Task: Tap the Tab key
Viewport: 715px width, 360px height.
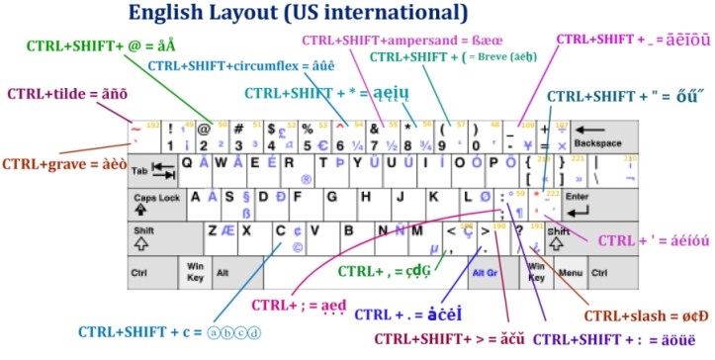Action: [x=151, y=170]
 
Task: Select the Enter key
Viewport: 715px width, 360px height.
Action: [x=576, y=204]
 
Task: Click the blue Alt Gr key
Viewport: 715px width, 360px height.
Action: [x=485, y=271]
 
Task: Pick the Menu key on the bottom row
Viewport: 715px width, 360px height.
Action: [x=568, y=271]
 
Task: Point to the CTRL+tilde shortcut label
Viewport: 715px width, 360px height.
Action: [x=54, y=94]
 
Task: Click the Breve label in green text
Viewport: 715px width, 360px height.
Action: [x=456, y=57]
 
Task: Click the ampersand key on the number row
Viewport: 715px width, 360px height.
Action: [x=378, y=136]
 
